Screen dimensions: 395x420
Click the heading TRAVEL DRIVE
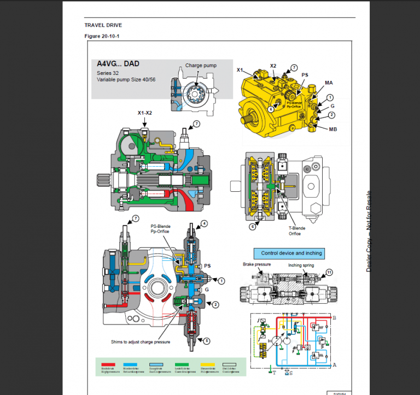coord(103,25)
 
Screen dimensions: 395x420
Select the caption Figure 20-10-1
coord(102,36)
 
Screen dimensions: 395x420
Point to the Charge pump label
coord(201,66)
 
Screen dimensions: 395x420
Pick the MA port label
coord(329,82)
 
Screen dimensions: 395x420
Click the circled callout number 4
coord(204,223)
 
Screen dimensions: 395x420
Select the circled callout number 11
coord(329,272)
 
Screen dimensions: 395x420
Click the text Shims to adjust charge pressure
coord(140,341)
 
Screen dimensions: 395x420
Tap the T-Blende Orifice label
coord(295,231)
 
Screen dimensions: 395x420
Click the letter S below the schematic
coord(290,373)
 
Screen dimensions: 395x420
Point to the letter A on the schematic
coord(335,364)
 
